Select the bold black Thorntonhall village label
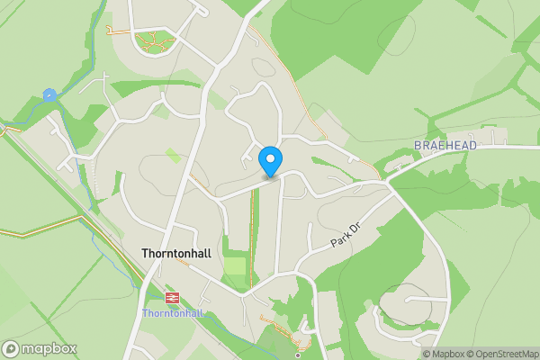click(176, 254)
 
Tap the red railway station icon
click(171, 296)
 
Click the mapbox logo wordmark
click(49, 348)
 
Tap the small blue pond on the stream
click(49, 94)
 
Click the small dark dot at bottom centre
click(297, 355)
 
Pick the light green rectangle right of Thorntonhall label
click(235, 267)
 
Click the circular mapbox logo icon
click(11, 349)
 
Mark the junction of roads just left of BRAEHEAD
click(389, 180)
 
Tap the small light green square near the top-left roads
click(172, 156)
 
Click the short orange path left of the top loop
click(117, 31)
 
